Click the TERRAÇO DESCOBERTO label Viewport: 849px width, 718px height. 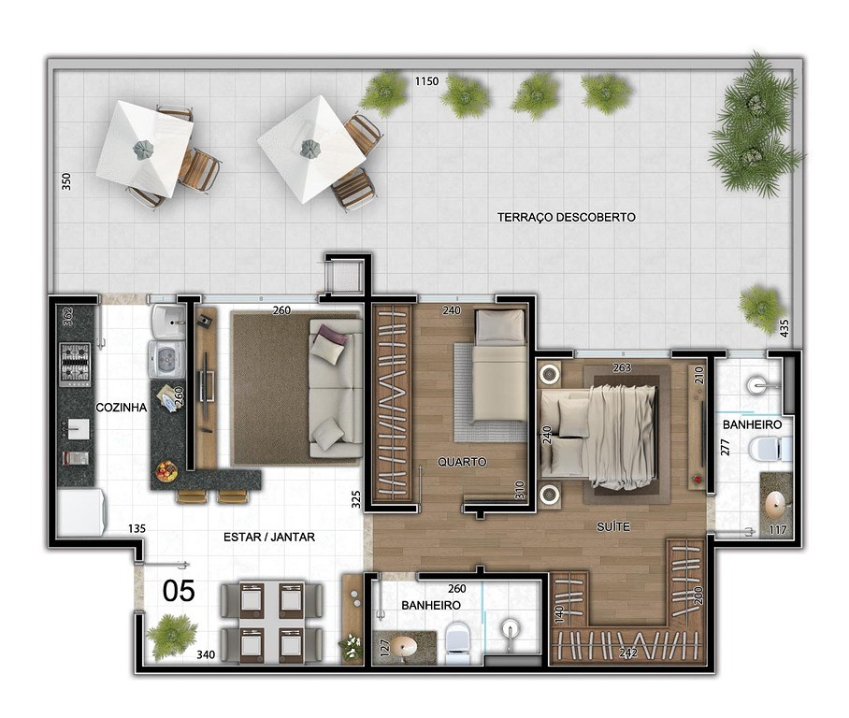(x=567, y=217)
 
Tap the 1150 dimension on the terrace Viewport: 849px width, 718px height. (x=426, y=81)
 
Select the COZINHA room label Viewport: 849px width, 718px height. (x=122, y=408)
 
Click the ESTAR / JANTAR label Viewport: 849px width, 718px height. (x=269, y=537)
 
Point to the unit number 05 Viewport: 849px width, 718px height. (x=179, y=591)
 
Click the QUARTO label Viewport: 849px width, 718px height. (x=462, y=462)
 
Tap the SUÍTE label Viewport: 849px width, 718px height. (x=613, y=526)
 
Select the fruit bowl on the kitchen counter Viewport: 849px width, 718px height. (x=166, y=470)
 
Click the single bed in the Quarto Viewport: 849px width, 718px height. (x=499, y=366)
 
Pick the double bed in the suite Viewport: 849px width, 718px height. (x=599, y=432)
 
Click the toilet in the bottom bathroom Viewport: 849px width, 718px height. (x=457, y=641)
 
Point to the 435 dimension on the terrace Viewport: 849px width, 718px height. (x=784, y=328)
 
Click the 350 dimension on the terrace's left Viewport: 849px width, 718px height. (x=66, y=180)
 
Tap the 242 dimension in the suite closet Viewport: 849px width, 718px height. (x=628, y=653)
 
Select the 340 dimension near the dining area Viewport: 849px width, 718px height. (x=206, y=654)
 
